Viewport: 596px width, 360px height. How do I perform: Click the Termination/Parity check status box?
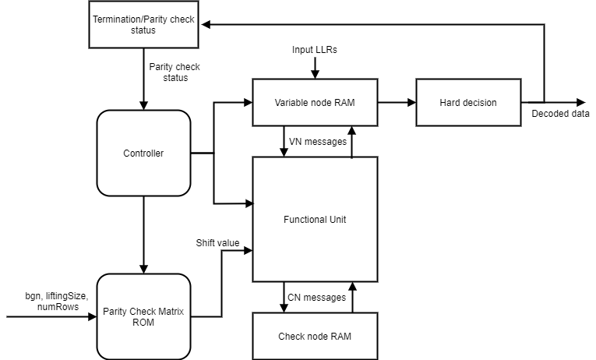point(143,24)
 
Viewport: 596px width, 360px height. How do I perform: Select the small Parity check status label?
point(175,72)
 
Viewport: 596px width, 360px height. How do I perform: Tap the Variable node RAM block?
point(315,102)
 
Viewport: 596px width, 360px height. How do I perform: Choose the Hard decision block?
point(467,102)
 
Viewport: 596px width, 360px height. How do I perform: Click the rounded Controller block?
point(143,154)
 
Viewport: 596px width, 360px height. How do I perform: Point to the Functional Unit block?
point(315,220)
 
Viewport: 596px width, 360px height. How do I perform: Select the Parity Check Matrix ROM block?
point(143,316)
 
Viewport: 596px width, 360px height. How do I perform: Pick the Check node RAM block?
point(315,337)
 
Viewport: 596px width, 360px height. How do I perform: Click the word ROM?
point(143,323)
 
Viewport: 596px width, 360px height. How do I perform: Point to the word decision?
point(480,103)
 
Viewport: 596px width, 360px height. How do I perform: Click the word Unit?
point(337,220)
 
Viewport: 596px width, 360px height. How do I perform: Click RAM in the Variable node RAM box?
point(344,103)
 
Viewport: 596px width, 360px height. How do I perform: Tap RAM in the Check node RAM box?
point(340,337)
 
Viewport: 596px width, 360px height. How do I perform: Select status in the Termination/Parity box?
point(143,30)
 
